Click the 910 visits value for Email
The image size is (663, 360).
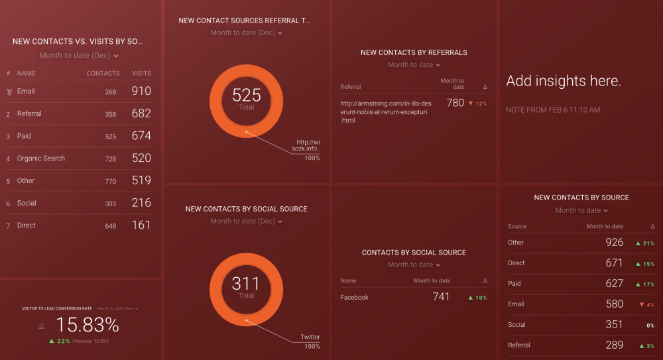[141, 91]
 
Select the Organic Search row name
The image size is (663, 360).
[40, 158]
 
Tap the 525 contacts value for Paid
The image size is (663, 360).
[110, 137]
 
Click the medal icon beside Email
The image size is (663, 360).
[9, 91]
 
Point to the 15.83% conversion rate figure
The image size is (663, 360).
[87, 325]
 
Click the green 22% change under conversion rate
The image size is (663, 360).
[60, 341]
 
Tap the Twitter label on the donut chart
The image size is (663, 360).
[310, 337]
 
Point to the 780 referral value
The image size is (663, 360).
[455, 103]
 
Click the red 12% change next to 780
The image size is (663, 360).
[477, 104]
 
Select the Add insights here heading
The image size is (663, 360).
[564, 82]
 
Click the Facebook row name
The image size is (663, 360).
[354, 298]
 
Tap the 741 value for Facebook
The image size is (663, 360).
[441, 297]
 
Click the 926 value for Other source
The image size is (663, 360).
[614, 243]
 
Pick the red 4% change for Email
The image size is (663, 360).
[646, 305]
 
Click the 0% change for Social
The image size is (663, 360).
[650, 326]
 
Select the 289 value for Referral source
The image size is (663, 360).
[614, 345]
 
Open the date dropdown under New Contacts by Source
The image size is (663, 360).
[581, 210]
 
